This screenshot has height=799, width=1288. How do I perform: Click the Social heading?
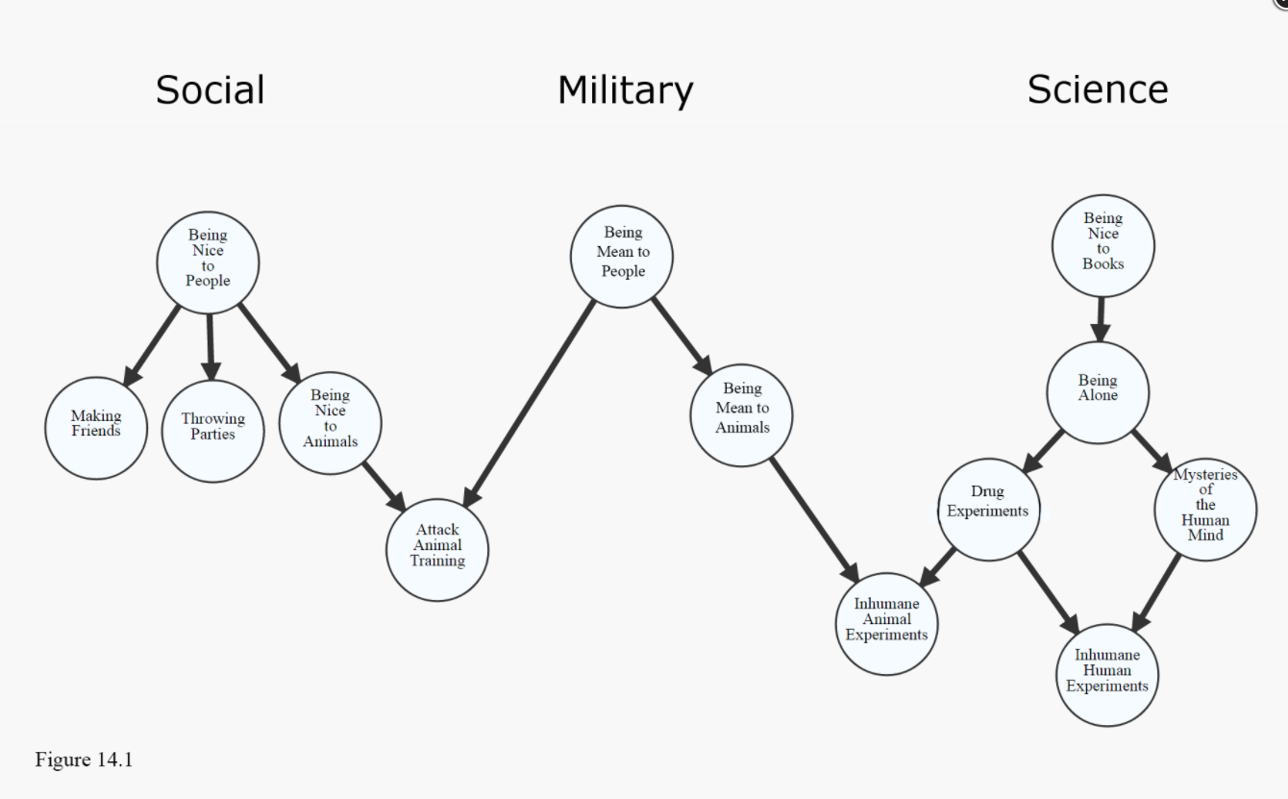click(210, 90)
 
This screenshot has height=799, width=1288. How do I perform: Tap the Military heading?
click(625, 91)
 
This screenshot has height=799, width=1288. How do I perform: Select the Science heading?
click(1097, 89)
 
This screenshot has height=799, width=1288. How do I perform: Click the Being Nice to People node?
click(208, 262)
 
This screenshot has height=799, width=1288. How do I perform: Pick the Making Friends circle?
click(96, 428)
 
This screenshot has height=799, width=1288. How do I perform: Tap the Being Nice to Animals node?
click(330, 423)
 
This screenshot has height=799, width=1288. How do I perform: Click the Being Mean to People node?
click(622, 256)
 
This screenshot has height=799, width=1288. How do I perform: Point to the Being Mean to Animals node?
click(741, 415)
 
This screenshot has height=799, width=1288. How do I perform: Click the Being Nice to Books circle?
click(1102, 246)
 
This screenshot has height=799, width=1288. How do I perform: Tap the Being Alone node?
click(1097, 392)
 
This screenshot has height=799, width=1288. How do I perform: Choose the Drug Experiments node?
click(988, 509)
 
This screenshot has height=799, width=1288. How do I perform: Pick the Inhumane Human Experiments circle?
click(1106, 675)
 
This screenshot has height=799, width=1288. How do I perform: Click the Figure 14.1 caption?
click(85, 760)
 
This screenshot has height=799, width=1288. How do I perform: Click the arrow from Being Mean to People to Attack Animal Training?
click(530, 404)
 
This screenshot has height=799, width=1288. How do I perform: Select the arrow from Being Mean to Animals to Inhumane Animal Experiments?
click(813, 518)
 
